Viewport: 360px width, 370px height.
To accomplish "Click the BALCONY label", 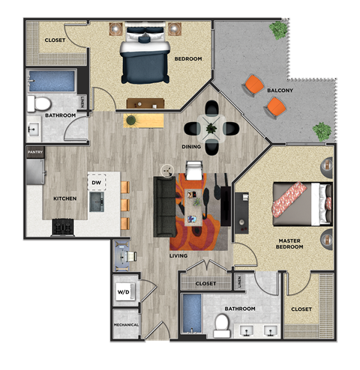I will [x=280, y=91].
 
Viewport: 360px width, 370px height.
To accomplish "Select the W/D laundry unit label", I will [x=123, y=292].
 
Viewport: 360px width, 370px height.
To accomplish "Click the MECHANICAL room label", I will [x=125, y=325].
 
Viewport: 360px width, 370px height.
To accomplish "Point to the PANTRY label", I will [x=34, y=152].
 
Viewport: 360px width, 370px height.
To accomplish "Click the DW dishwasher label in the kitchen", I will [x=96, y=182].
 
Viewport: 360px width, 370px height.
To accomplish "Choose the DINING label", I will [x=191, y=146].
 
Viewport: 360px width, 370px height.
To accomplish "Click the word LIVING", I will [x=178, y=256].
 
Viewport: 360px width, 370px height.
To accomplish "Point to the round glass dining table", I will [x=211, y=128].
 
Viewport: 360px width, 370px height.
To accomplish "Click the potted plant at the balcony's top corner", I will [x=279, y=30].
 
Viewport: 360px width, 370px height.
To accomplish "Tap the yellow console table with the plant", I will [x=143, y=120].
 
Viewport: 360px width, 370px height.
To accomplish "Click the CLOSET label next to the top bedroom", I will [x=55, y=40].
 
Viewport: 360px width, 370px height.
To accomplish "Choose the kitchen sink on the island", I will [x=96, y=201].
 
